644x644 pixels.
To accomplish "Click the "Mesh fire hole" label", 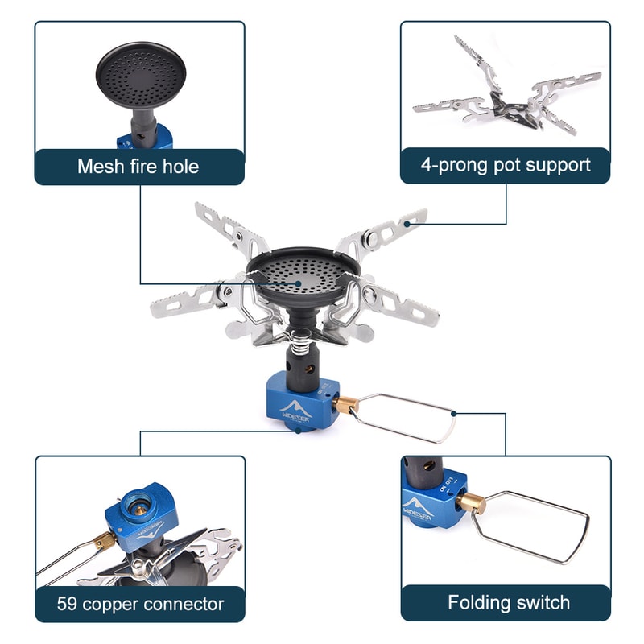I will tap(138, 167).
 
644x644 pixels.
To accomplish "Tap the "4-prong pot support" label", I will tap(506, 165).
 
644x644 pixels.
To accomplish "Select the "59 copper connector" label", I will tap(140, 603).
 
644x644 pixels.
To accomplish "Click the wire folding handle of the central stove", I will tap(407, 416).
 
